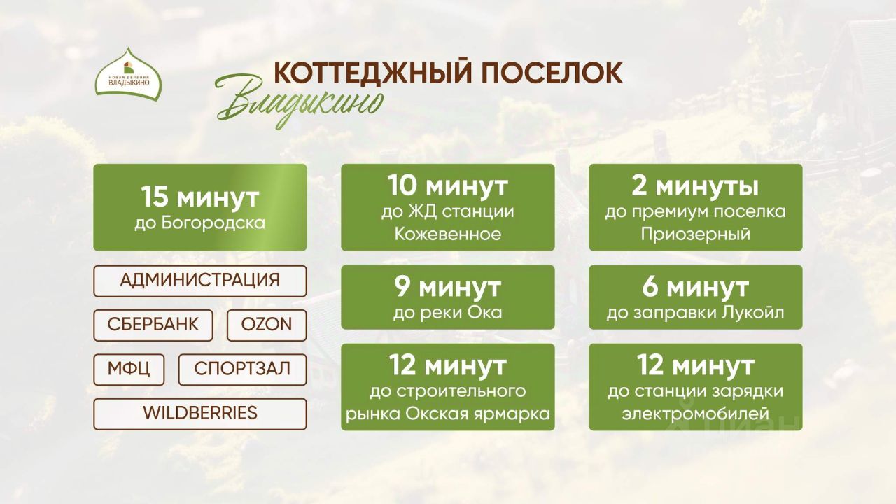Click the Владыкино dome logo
(128, 75)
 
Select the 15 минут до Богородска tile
(200, 207)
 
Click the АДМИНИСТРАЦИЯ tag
(200, 281)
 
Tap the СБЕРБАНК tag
(153, 325)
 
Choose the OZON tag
(267, 325)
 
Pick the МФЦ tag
(129, 370)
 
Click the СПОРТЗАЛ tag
(242, 370)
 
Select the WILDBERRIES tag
(200, 414)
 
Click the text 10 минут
(447, 186)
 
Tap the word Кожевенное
(447, 234)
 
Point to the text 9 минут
(447, 287)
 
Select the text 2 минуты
(695, 186)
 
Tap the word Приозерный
(695, 234)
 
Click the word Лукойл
(752, 312)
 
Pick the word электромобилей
(695, 414)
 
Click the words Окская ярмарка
(477, 414)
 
